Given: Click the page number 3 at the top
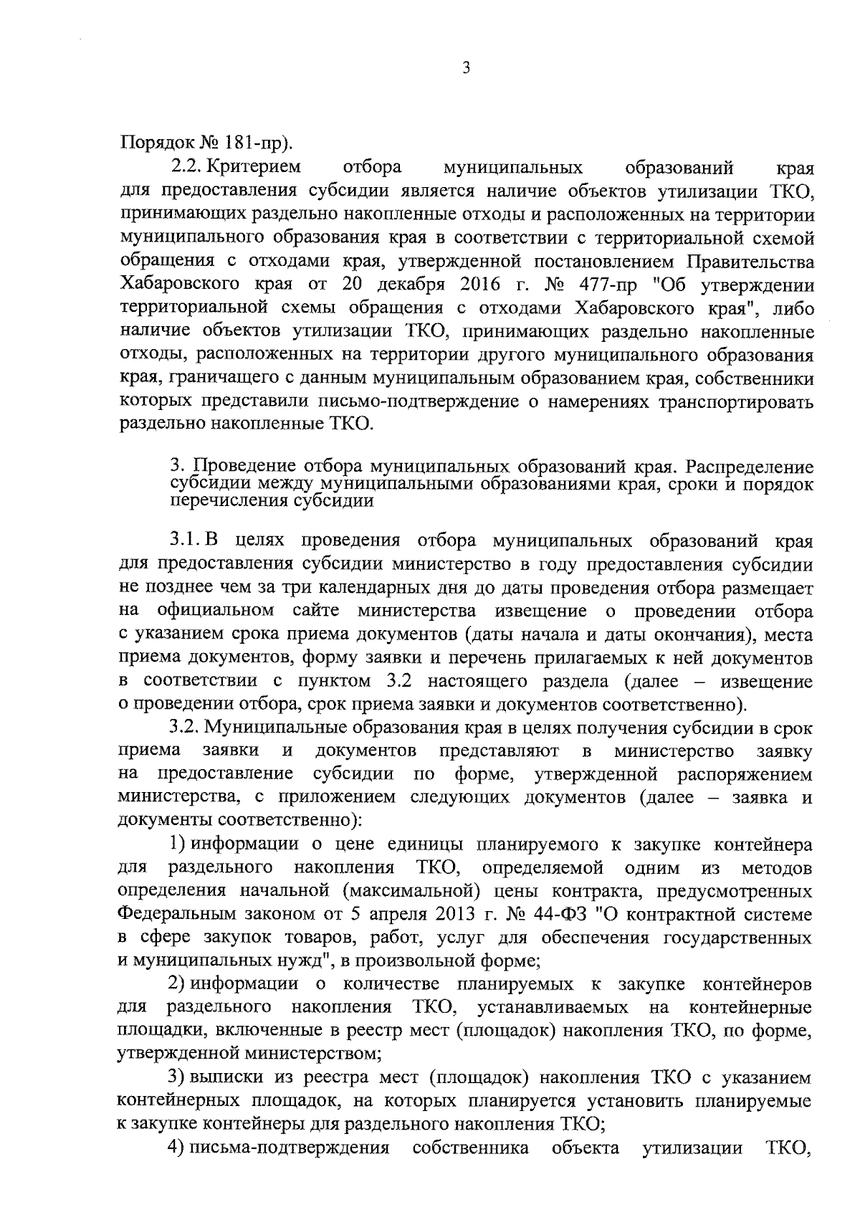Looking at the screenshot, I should [x=466, y=69].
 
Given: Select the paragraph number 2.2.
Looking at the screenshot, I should [x=186, y=168].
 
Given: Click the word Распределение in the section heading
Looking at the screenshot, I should [x=749, y=467].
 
